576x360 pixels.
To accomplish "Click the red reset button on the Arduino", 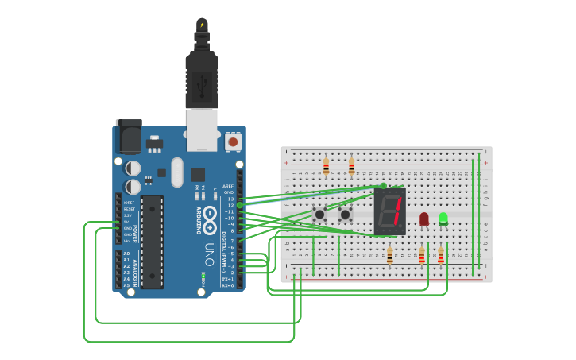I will point(233,141).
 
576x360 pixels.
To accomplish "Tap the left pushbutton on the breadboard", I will point(319,214).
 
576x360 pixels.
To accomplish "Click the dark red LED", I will point(424,219).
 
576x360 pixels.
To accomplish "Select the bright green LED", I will point(443,218).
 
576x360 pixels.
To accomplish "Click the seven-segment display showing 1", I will point(390,211).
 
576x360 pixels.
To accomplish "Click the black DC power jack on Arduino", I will point(128,137).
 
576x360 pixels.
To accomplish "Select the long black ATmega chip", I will point(153,242).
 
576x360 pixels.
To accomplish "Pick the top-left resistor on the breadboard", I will point(326,166).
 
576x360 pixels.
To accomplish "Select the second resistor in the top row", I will point(351,166).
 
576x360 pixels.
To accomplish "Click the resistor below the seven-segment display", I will point(389,255).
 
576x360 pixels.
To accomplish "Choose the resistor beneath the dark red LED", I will point(422,255).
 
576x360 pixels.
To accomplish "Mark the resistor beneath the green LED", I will point(441,255).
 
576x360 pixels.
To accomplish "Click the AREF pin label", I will point(229,185).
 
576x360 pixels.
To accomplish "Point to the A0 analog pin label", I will point(126,254).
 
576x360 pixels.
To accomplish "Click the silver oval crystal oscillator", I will point(176,172).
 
